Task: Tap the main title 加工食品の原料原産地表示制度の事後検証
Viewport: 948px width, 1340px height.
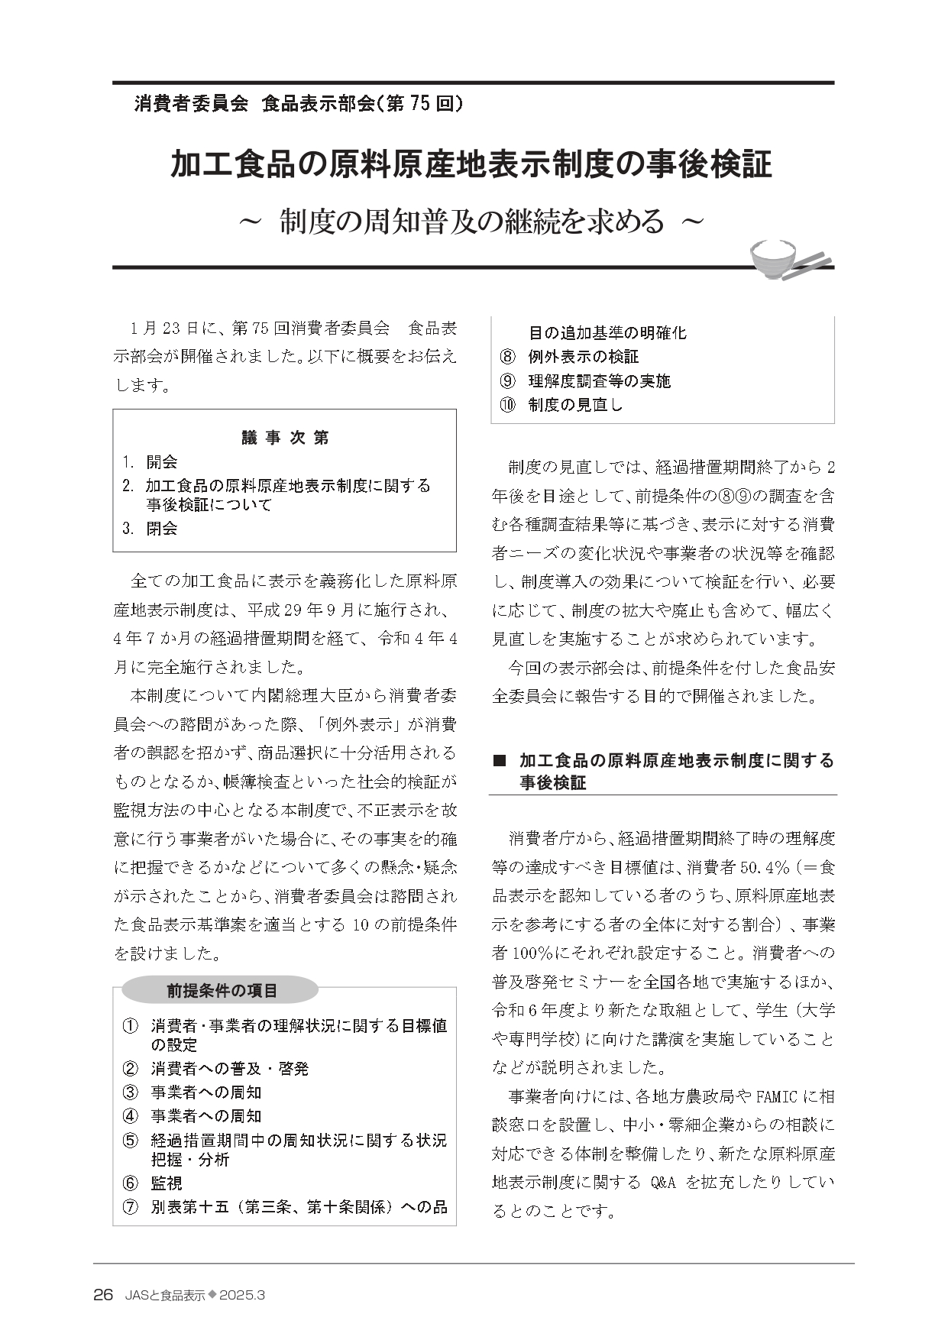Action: tap(471, 165)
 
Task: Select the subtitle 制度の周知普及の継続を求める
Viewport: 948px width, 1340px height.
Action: tap(471, 221)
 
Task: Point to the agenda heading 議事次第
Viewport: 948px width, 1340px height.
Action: tap(285, 438)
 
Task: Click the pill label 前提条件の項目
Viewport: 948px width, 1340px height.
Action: tap(222, 991)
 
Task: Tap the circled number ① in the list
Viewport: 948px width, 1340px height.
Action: tap(131, 1026)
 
